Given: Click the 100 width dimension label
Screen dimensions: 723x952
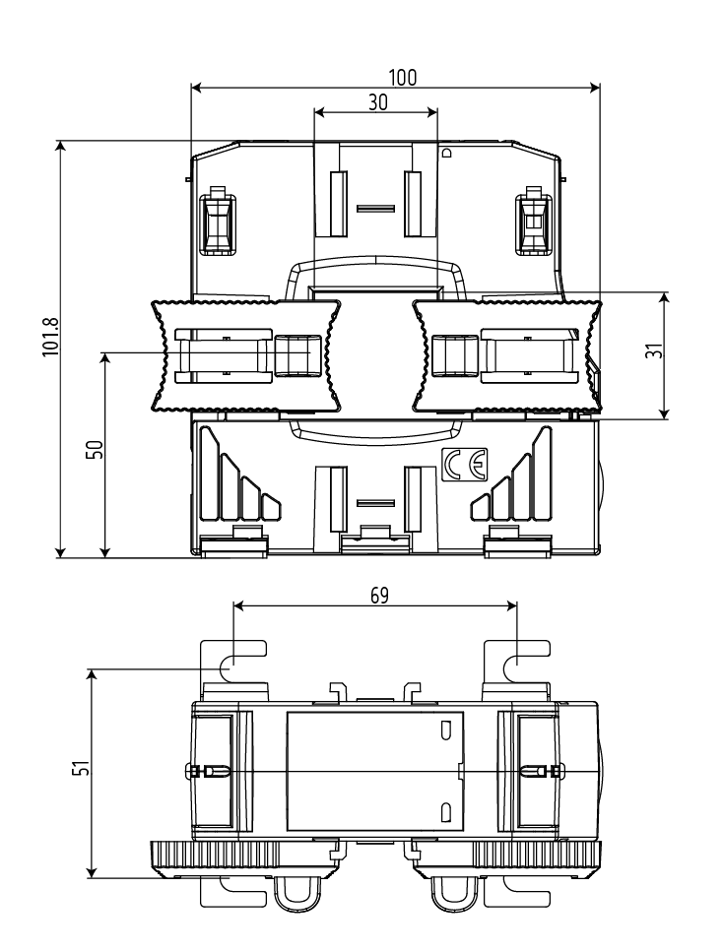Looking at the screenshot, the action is coord(403,78).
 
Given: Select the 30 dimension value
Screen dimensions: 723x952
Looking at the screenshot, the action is coord(377,102).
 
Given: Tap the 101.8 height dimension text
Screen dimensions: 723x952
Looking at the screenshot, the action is coord(50,337).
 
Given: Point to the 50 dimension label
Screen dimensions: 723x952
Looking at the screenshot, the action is coord(96,449).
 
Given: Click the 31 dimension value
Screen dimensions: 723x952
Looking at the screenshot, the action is coord(654,350).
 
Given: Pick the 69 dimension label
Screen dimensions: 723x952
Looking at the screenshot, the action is coord(379,596).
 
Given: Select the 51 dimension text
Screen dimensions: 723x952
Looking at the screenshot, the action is coord(81,768).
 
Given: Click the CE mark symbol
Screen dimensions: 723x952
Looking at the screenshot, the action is coord(464,465).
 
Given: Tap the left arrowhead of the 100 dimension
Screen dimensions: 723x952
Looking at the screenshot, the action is coord(196,88).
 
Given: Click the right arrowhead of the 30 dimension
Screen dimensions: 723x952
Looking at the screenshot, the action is coord(432,111).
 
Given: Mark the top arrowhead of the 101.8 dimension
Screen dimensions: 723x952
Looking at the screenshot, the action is coord(60,147).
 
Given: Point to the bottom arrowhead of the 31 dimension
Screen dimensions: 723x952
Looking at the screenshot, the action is coord(665,413).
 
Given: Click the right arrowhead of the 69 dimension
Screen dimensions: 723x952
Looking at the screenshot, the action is coord(511,605).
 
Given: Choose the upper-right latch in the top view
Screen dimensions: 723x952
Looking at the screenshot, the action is coord(534,221).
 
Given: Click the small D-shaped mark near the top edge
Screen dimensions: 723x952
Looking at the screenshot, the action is coord(448,153).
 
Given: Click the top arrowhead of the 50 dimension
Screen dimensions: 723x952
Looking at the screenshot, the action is coord(105,357).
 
